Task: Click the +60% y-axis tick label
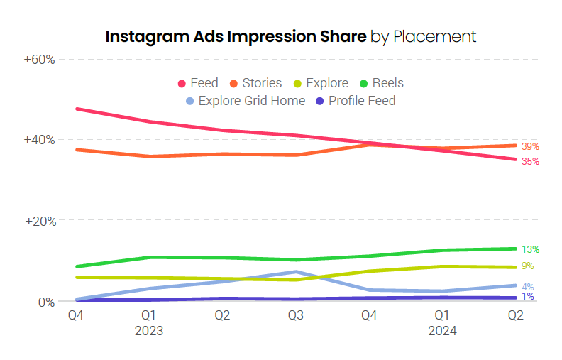40,59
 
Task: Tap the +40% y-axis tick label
40,140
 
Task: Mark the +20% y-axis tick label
40,221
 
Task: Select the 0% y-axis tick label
46,302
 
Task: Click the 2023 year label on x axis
148,330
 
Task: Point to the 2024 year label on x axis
442,330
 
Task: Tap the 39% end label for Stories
530,146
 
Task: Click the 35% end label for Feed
530,162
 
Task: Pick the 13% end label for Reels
530,249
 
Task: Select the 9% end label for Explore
527,266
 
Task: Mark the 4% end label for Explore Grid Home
527,287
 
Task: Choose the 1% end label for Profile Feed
527,297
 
